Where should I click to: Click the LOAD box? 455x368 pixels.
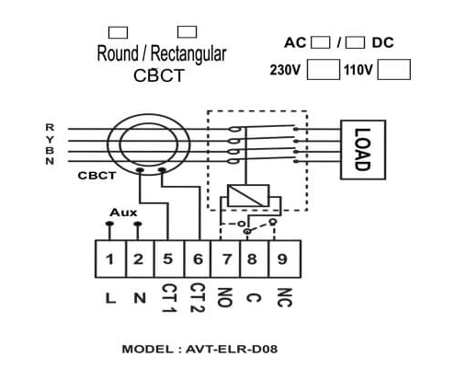[363, 150]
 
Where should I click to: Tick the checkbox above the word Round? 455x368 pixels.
[118, 32]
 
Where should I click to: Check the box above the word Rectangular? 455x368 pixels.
[188, 32]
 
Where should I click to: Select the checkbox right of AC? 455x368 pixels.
[321, 42]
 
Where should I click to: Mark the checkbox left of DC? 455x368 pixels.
[355, 42]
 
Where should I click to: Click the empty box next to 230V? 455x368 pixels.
[324, 70]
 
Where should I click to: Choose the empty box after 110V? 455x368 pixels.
[393, 70]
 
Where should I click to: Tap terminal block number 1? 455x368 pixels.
[110, 259]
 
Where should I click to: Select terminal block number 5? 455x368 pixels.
[168, 259]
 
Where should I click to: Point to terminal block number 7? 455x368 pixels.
[225, 259]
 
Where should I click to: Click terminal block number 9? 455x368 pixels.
[284, 259]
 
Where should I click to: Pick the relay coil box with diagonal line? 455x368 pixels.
[248, 195]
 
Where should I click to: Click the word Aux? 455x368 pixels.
[123, 213]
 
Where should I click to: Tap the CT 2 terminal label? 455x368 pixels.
[198, 297]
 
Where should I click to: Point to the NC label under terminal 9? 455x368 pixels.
[284, 297]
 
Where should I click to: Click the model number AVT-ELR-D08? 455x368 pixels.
[232, 349]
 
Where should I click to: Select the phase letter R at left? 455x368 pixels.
[50, 127]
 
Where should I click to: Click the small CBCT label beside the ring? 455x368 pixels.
[97, 176]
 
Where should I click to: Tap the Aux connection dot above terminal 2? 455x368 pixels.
[138, 224]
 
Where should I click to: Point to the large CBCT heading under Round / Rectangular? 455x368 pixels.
[159, 75]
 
